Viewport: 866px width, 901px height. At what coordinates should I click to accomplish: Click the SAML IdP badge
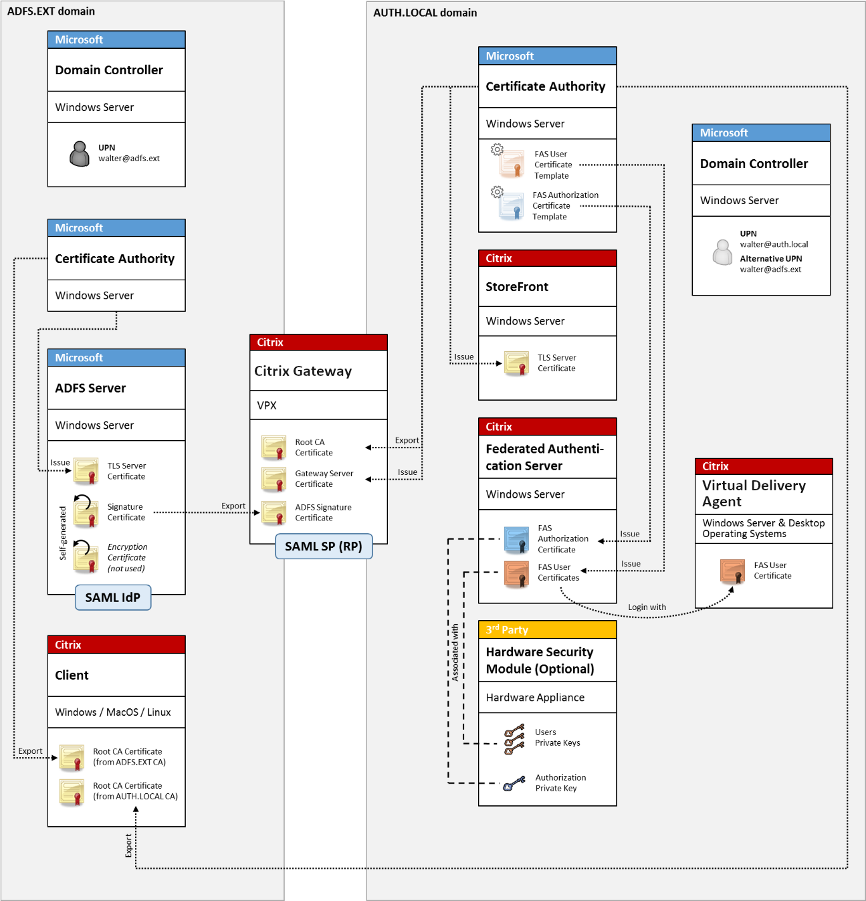(x=113, y=597)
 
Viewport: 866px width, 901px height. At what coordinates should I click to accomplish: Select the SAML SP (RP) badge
(x=324, y=546)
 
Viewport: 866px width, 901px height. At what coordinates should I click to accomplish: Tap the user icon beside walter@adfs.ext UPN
(x=80, y=154)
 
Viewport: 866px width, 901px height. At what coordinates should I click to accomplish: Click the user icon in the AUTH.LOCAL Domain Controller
(x=722, y=252)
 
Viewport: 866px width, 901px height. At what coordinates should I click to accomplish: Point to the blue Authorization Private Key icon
(x=514, y=783)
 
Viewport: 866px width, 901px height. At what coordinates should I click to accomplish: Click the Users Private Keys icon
(x=514, y=738)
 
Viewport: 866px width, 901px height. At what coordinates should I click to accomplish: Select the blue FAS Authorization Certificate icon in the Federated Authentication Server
(x=517, y=539)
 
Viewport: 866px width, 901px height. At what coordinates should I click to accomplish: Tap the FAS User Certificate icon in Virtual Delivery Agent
(x=733, y=571)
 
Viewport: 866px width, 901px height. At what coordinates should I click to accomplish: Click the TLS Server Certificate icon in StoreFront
(x=517, y=363)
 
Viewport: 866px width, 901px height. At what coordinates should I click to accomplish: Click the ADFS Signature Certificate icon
(x=274, y=513)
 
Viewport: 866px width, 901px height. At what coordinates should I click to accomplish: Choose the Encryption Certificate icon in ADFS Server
(x=86, y=557)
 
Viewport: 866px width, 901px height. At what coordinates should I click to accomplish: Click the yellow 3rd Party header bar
(x=547, y=629)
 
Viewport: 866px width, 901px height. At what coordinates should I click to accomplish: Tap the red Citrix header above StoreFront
(x=547, y=258)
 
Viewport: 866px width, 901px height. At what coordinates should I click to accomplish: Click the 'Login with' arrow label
(x=647, y=607)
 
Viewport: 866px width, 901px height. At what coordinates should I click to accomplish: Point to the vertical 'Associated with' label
(x=455, y=652)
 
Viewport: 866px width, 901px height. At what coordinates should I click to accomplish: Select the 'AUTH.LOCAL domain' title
(x=425, y=13)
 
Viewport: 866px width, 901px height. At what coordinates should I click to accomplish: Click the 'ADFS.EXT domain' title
(x=51, y=11)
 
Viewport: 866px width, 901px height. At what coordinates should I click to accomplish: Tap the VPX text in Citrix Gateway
(x=267, y=405)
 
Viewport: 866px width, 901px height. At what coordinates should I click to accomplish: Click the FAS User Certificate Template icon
(x=512, y=163)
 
